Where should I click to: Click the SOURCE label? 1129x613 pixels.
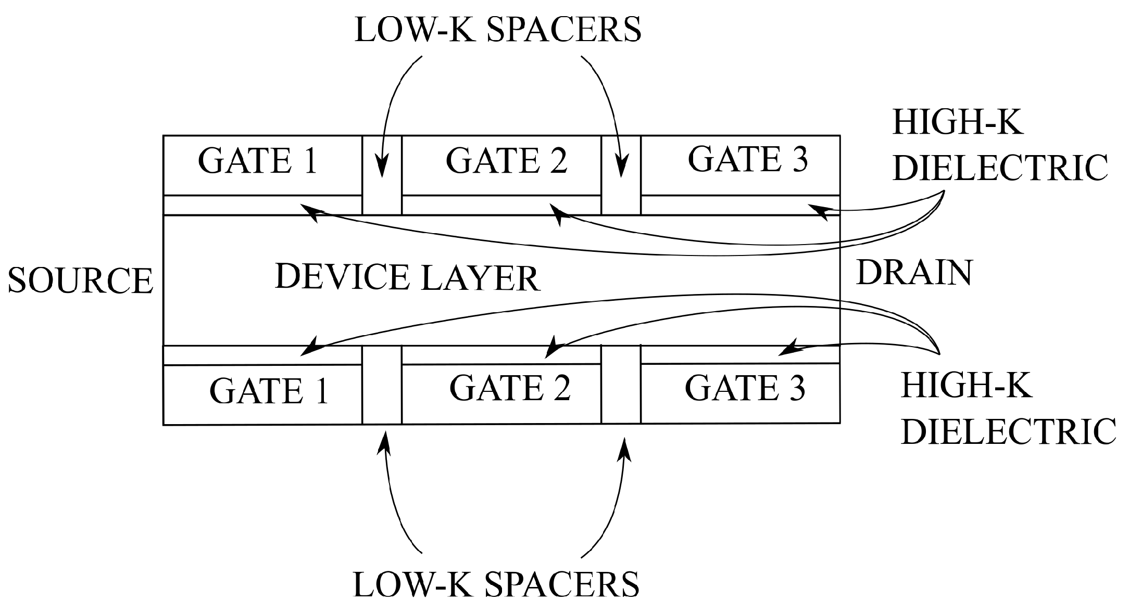[x=80, y=281]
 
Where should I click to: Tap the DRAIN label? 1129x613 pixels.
[x=914, y=273]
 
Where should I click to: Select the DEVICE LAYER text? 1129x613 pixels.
[x=407, y=277]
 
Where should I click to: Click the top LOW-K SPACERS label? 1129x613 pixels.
[x=497, y=30]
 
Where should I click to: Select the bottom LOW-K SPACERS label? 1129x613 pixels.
[x=496, y=584]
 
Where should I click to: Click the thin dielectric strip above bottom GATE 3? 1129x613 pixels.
[x=740, y=355]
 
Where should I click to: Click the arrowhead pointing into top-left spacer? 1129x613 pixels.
[x=382, y=168]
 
